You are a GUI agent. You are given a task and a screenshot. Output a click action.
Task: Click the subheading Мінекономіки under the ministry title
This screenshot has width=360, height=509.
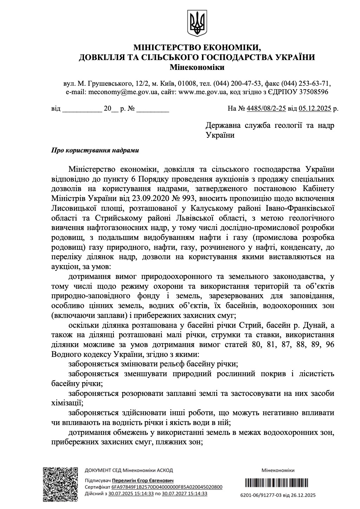197,67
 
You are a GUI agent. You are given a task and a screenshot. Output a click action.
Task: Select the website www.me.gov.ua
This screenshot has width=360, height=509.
202,92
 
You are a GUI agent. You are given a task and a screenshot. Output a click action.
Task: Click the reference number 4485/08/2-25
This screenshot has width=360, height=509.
266,109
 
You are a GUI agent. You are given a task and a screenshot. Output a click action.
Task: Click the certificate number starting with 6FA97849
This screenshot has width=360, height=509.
167,487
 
